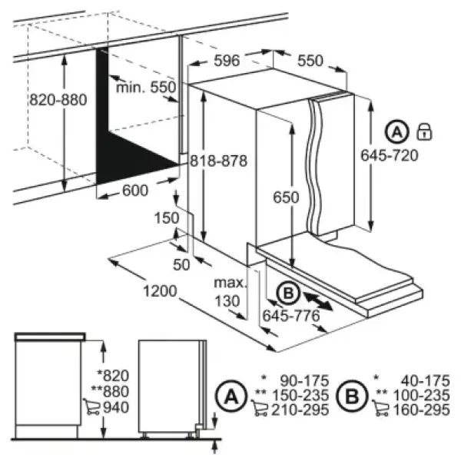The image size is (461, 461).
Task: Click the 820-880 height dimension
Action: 58,100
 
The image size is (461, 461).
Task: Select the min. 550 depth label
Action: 146,88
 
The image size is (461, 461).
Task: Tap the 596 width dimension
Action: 227,61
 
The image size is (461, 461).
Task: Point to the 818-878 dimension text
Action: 218,161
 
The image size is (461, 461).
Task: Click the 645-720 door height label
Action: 390,155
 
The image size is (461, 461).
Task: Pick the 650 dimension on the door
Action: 286,197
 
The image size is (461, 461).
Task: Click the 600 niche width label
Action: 135,191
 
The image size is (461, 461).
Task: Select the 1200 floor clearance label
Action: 160,291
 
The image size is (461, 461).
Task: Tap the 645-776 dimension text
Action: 290,316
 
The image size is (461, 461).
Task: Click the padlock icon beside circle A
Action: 424,131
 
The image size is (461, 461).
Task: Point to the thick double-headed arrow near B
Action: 318,301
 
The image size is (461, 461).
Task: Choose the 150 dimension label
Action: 167,218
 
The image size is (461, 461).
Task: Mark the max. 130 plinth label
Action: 230,292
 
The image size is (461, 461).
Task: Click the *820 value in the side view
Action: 113,376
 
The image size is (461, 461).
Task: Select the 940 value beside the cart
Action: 116,407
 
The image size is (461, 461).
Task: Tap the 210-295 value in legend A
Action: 300,410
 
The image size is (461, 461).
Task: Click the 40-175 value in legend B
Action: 425,381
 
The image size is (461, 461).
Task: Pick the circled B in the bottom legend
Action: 352,396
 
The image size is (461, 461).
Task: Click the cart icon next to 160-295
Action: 381,408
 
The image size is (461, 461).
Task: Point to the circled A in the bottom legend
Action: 231,396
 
